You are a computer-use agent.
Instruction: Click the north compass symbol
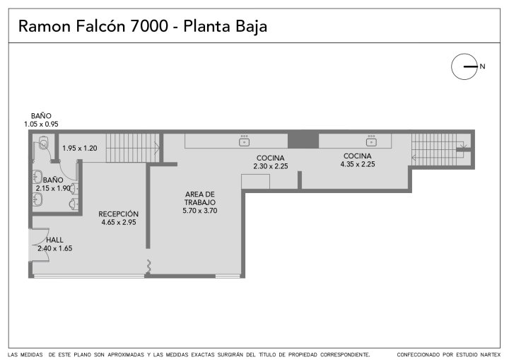(464, 66)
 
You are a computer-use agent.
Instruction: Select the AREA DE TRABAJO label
(199, 198)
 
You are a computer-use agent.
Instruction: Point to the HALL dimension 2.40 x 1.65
(55, 248)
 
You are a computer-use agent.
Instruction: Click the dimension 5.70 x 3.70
(199, 211)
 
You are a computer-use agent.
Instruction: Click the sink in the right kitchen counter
(371, 141)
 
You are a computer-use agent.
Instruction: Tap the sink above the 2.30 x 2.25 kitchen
(244, 141)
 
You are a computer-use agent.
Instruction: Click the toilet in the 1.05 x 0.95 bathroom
(44, 143)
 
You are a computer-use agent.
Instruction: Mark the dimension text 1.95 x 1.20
(79, 148)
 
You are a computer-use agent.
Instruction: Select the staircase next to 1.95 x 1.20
(133, 148)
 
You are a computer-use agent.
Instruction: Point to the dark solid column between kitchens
(303, 140)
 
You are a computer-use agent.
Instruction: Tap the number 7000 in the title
(149, 26)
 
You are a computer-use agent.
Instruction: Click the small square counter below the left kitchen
(255, 182)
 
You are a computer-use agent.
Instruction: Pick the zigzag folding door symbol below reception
(149, 266)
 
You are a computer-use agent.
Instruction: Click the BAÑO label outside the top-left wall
(41, 116)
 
